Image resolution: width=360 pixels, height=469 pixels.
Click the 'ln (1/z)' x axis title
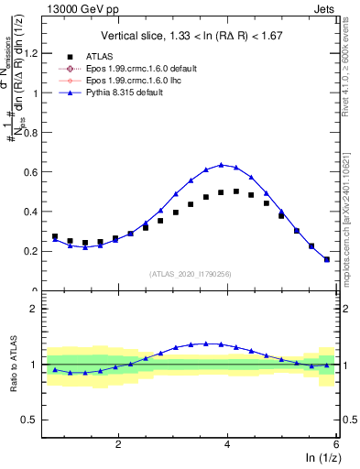pos(320,459)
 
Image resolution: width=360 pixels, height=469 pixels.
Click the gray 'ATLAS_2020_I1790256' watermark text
pos(191,274)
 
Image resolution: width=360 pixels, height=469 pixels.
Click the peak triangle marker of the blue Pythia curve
pos(221,165)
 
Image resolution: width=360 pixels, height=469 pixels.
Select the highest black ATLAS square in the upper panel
pos(236,191)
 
